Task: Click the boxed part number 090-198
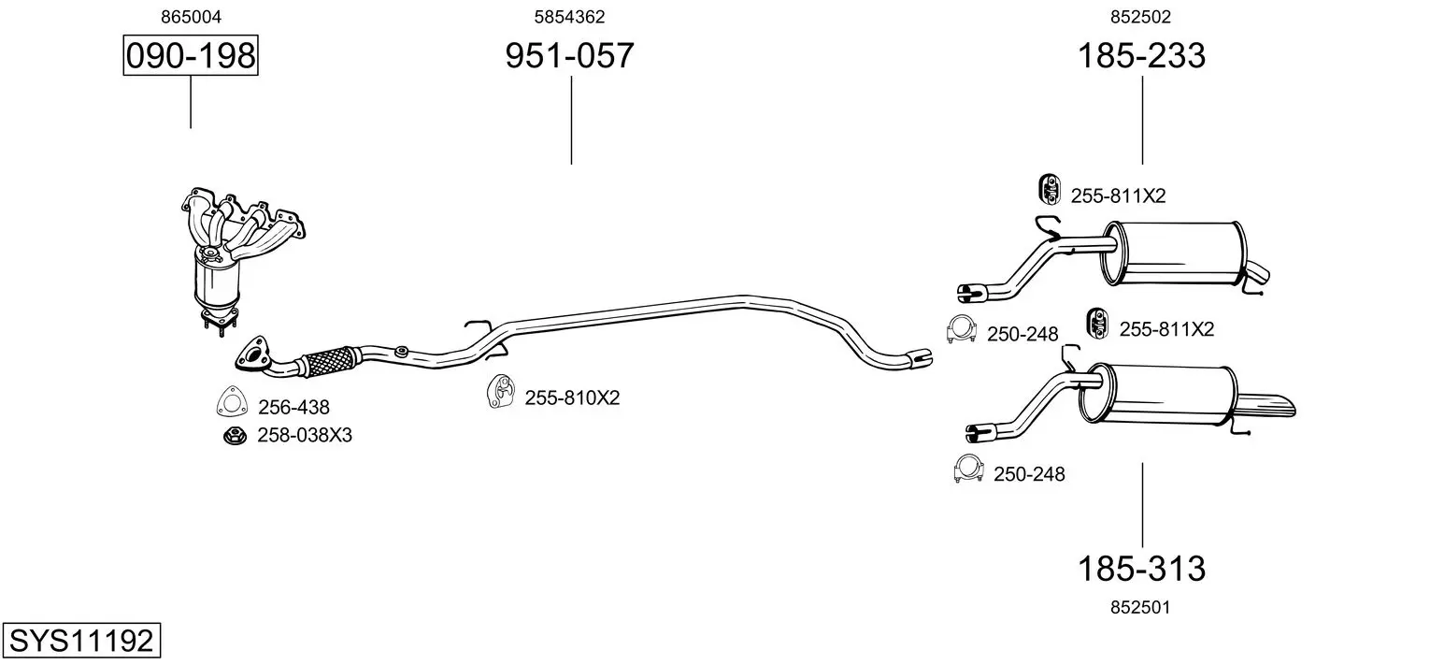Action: pos(191,55)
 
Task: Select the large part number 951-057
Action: pos(569,55)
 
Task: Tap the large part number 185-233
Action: pos(1141,55)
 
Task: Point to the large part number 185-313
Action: pos(1141,568)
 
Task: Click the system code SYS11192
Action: pos(81,640)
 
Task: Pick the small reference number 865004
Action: pos(191,17)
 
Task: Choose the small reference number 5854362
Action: pos(569,17)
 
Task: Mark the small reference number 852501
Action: pos(1140,607)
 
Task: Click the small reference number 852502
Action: pos(1141,17)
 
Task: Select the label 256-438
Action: pos(293,407)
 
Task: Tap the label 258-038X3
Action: pos(305,435)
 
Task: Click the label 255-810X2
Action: pos(572,398)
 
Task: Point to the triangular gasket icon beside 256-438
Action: pos(232,402)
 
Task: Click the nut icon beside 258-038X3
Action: pos(235,436)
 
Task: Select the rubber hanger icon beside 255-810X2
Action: pos(501,392)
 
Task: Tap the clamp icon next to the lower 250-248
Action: pos(968,469)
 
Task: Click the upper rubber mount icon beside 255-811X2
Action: pos(1050,189)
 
